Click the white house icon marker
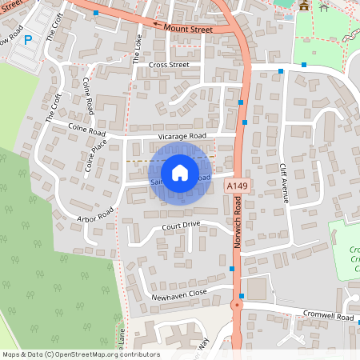[179, 173]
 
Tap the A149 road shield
[234, 186]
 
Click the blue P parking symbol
[28, 39]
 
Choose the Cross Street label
[168, 65]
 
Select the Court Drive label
[180, 226]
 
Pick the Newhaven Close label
[179, 294]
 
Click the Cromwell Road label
[327, 317]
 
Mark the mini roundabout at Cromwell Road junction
[237, 306]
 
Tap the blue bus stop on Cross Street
[281, 71]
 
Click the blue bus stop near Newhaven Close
[231, 270]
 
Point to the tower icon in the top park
[304, 6]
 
